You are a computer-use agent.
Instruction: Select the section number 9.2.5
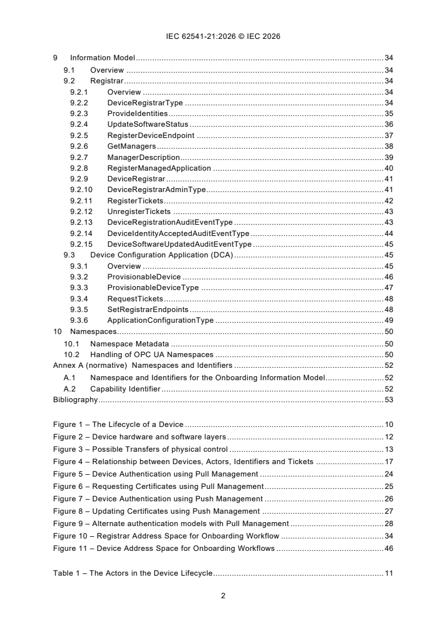tap(78, 135)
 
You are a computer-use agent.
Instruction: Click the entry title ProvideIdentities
tap(138, 114)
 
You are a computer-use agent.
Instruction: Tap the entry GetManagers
tap(131, 146)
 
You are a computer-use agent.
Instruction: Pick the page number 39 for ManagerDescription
tap(388, 157)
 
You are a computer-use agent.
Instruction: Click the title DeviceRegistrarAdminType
tap(157, 190)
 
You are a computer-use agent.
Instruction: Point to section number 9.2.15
tap(81, 244)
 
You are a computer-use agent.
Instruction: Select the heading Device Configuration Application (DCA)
tap(162, 255)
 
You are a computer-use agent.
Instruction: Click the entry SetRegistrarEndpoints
tap(148, 310)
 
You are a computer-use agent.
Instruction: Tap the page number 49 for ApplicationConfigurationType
tap(388, 321)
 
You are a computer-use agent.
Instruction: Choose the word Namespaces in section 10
tap(93, 332)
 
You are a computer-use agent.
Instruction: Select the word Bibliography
tap(76, 400)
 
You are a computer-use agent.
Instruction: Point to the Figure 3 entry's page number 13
tap(388, 449)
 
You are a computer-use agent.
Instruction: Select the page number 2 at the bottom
tap(223, 596)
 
